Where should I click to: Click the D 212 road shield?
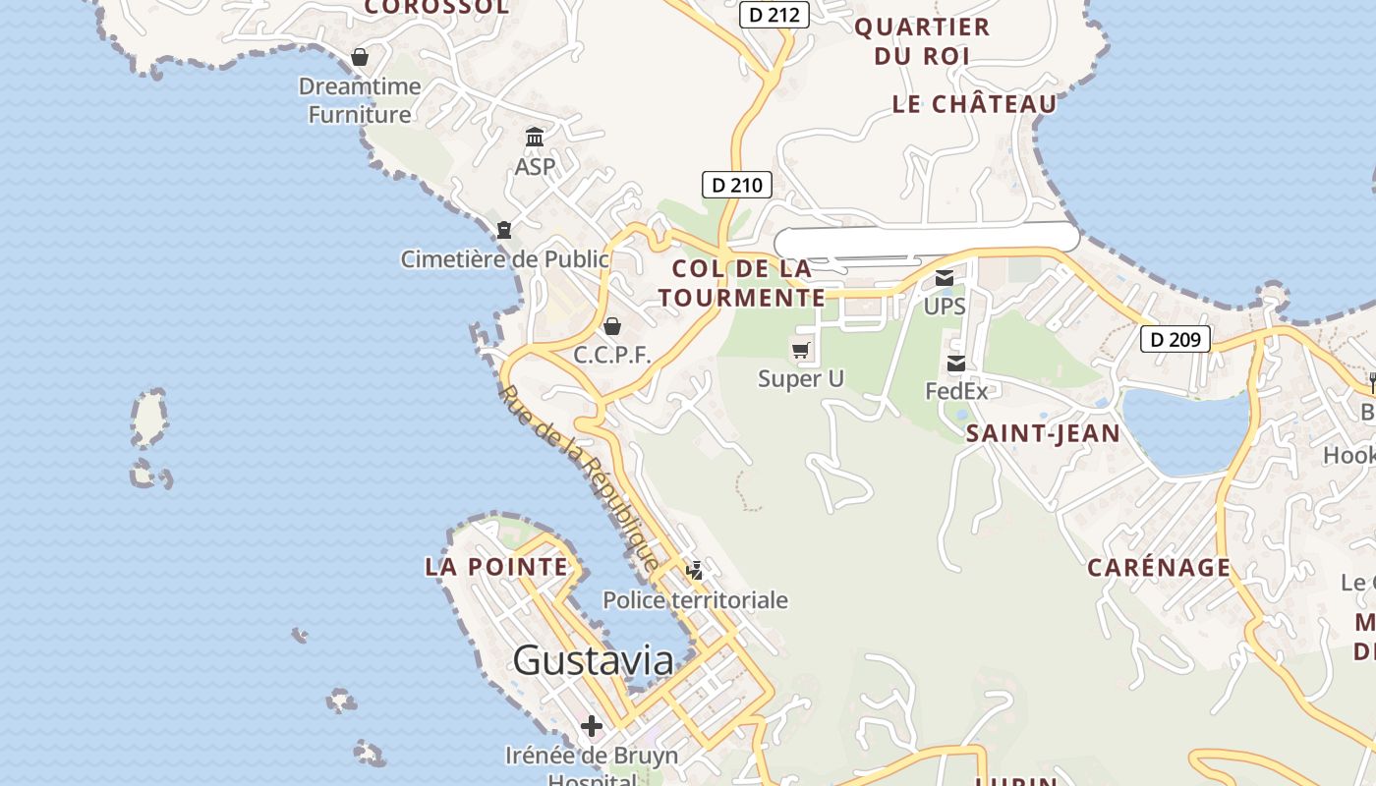pos(774,15)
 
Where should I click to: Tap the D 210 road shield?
pos(736,184)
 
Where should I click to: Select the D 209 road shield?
pos(1175,339)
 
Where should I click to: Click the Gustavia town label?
pos(593,660)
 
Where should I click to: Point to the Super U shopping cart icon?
pos(801,350)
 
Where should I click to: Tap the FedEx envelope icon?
pos(955,365)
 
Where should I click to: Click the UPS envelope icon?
pos(945,278)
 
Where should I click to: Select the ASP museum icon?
pos(535,137)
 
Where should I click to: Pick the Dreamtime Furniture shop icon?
pos(360,57)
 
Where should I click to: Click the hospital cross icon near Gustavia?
pos(591,726)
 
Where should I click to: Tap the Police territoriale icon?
pos(695,570)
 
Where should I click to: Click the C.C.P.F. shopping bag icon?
pos(612,326)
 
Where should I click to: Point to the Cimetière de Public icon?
pos(504,230)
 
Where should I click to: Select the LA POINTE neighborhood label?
pos(496,567)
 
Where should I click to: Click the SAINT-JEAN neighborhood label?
pos(1043,433)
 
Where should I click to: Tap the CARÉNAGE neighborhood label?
pos(1159,567)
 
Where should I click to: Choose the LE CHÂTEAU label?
pos(974,104)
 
